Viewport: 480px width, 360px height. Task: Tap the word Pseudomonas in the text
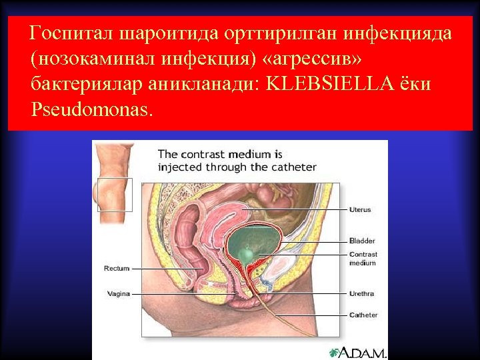coord(91,109)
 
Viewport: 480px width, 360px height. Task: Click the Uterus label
coord(360,209)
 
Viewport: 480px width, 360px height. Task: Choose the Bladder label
coord(362,241)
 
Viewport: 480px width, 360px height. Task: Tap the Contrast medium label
coord(363,258)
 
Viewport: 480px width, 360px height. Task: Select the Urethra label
coord(362,293)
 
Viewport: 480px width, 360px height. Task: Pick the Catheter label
coord(363,315)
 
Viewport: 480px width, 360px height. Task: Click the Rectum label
coord(116,269)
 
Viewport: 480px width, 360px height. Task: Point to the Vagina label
coord(118,293)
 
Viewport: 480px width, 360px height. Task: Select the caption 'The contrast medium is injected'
coord(237,161)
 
